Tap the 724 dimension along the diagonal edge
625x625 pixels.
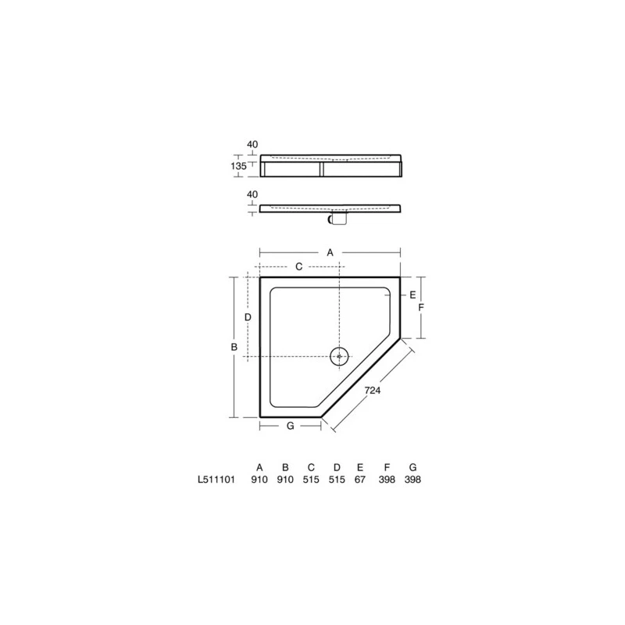(373, 390)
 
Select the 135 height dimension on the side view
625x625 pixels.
(238, 166)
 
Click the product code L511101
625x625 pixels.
(216, 480)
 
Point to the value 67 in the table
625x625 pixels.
(360, 480)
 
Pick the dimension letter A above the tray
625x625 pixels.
(330, 252)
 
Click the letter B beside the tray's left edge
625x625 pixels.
(234, 347)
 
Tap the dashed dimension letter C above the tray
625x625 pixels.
(299, 266)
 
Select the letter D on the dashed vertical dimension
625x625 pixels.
(248, 317)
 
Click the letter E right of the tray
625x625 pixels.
(412, 295)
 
